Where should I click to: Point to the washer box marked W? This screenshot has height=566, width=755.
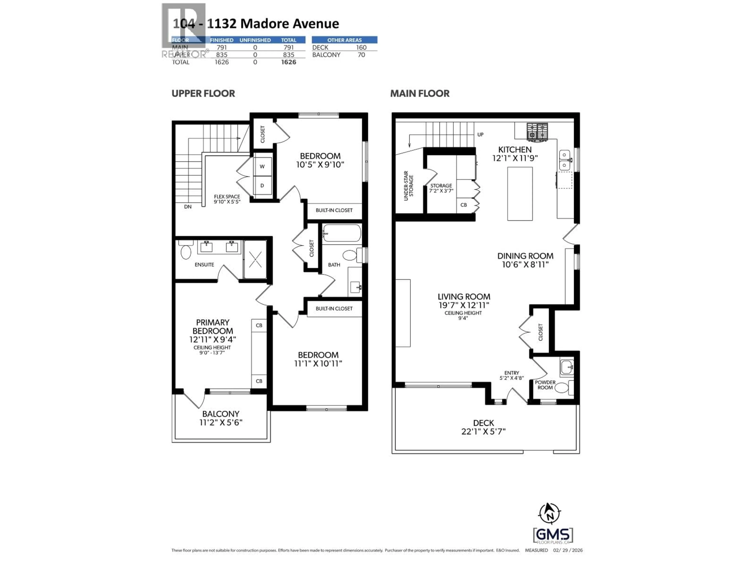click(x=262, y=166)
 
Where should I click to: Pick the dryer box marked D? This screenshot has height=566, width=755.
click(x=262, y=186)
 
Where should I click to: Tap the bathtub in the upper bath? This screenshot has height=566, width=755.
click(x=341, y=233)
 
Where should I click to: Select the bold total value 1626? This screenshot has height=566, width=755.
click(x=288, y=62)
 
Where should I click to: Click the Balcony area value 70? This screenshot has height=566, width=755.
click(x=361, y=55)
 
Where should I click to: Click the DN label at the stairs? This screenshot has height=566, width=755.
click(x=188, y=207)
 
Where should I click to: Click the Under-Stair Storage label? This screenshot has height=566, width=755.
click(x=409, y=186)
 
